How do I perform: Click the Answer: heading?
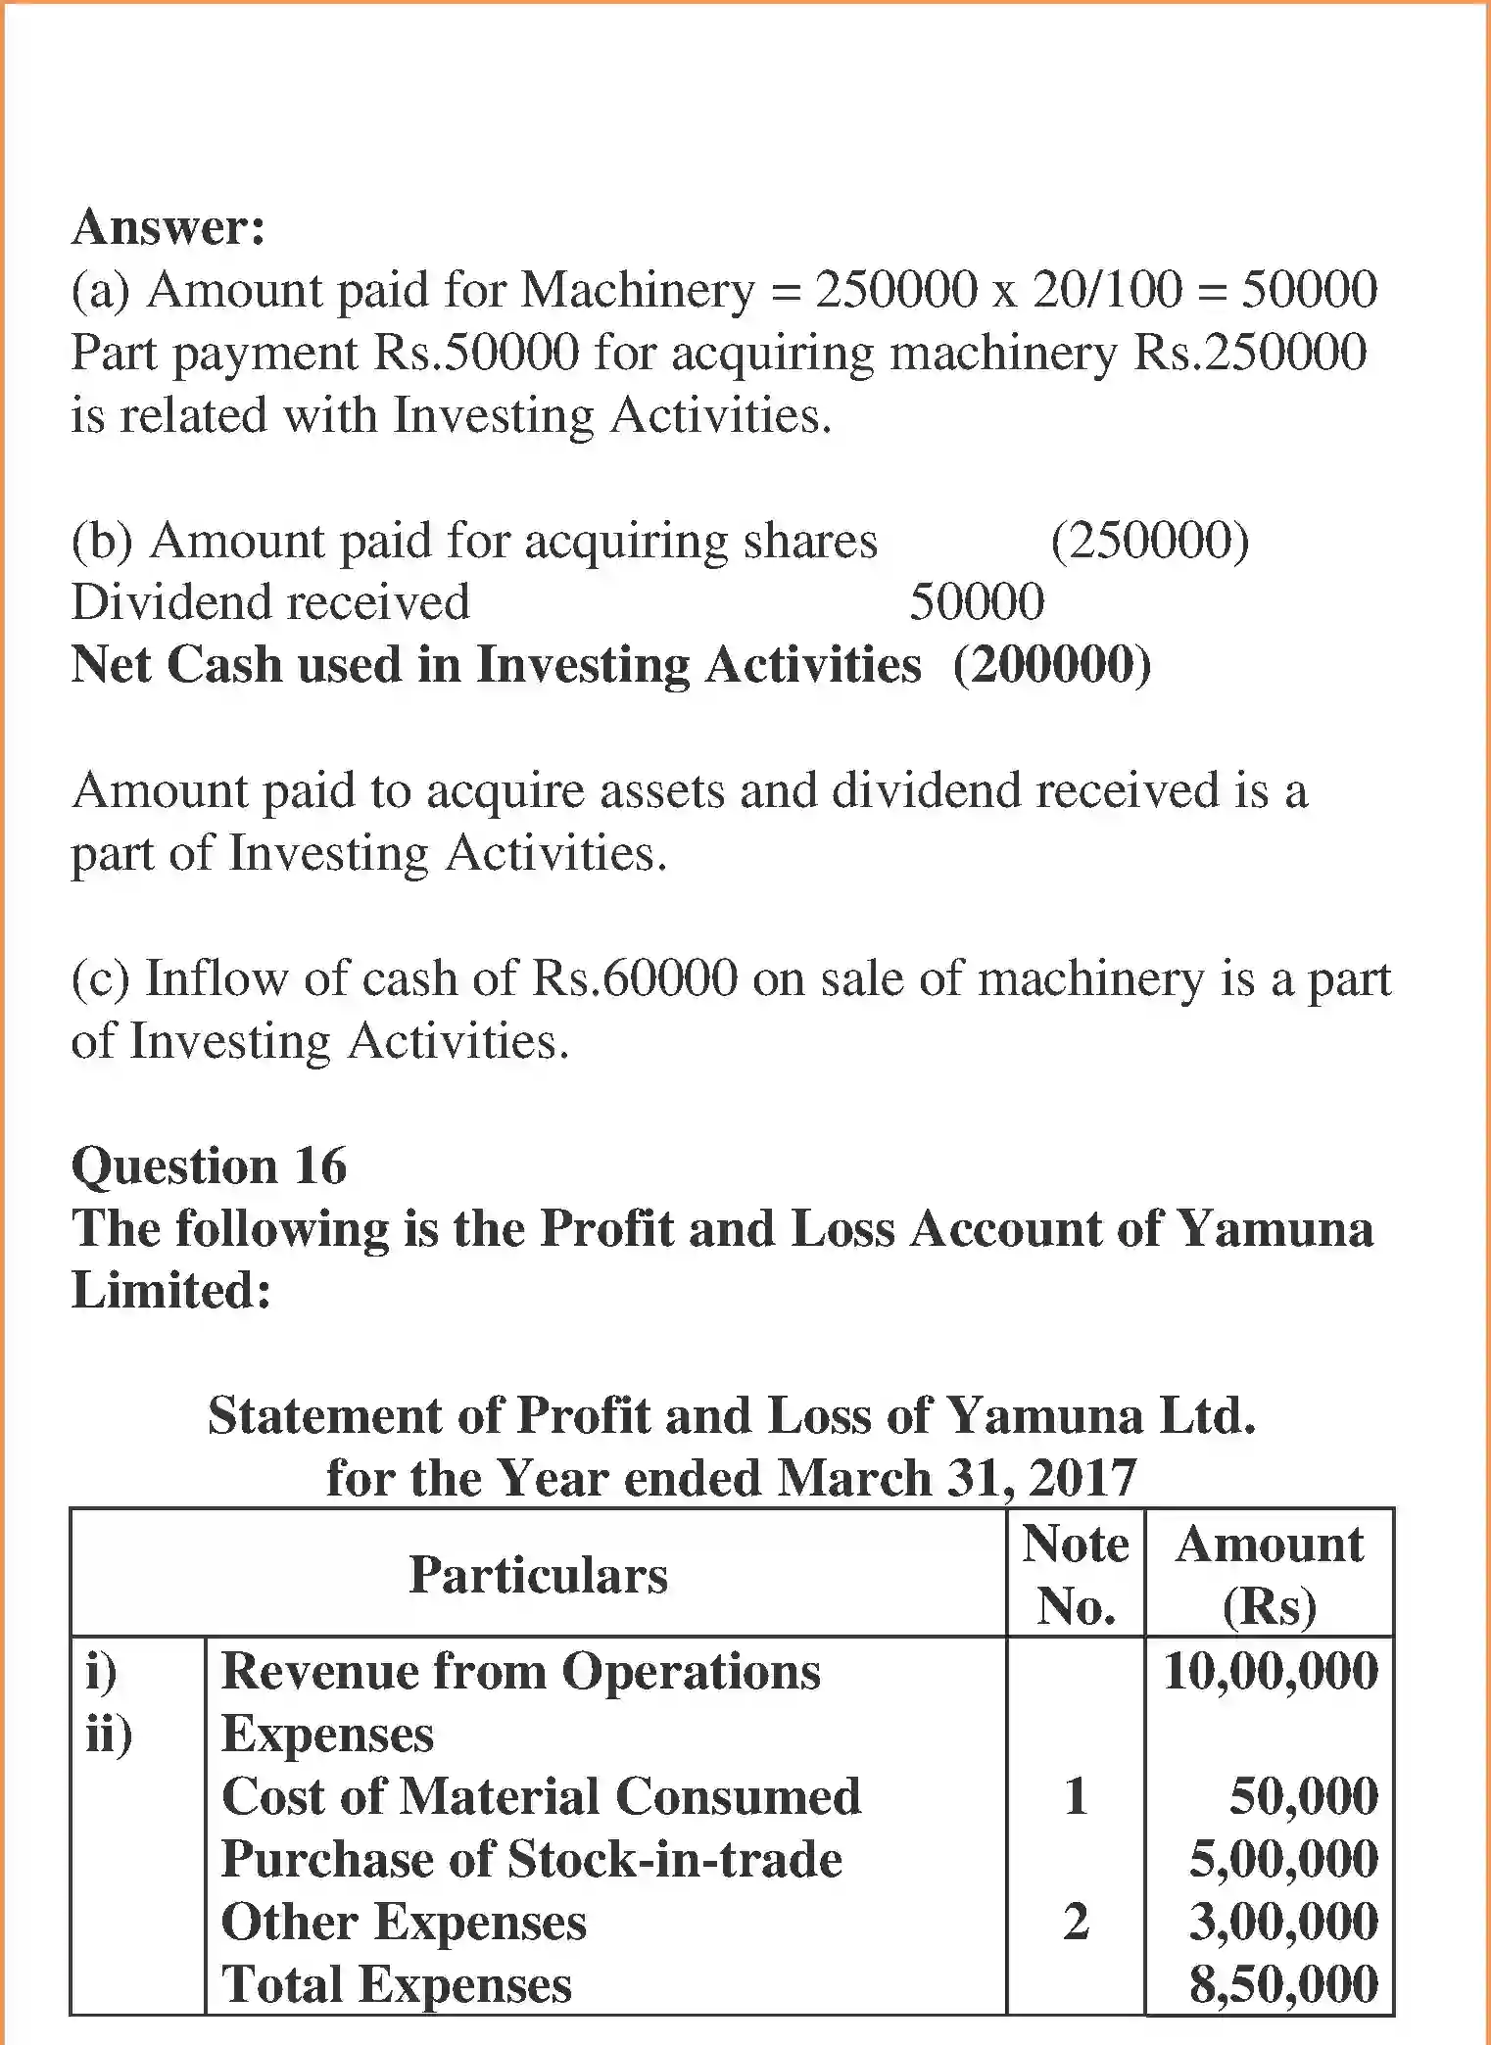pos(168,227)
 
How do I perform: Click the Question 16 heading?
pos(209,1165)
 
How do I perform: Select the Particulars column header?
pos(538,1575)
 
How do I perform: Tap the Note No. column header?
pos(1076,1575)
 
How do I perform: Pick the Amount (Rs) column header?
pos(1270,1575)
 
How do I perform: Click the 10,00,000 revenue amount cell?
pos(1271,1671)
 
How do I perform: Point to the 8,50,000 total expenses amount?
pos(1283,1984)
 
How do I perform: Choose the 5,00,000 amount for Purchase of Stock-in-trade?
pos(1283,1859)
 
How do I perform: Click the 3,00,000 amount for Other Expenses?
pos(1283,1922)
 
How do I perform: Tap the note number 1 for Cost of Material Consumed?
pos(1076,1796)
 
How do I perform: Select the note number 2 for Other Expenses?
pos(1076,1922)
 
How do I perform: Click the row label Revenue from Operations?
pos(521,1671)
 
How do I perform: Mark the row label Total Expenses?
pos(397,1984)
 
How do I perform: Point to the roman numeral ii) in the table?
pos(109,1734)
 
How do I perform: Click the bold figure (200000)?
pos(1052,665)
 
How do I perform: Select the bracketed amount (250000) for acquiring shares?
pos(1150,541)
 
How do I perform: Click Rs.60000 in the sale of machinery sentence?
pos(634,978)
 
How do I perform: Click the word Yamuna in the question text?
pos(1274,1228)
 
